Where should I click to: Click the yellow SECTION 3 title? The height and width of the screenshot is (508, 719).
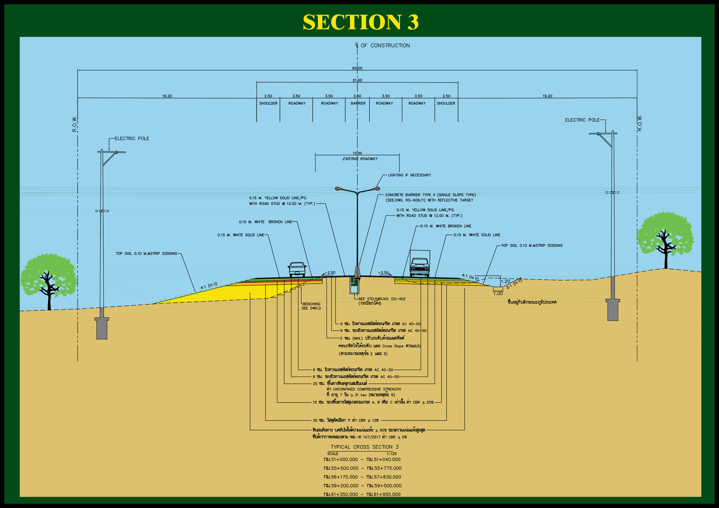(361, 22)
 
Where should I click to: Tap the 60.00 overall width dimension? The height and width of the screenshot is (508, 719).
(357, 68)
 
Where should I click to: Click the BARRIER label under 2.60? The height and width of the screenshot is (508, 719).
(358, 103)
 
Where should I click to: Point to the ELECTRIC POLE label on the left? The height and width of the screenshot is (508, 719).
(132, 138)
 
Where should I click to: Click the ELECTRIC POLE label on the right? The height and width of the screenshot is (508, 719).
(582, 120)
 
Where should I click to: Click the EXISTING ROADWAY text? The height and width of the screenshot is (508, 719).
(360, 159)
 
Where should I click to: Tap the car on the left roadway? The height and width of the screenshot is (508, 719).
(297, 269)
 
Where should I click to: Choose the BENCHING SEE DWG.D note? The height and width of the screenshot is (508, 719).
(311, 306)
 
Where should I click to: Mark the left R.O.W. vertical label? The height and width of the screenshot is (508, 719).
(75, 124)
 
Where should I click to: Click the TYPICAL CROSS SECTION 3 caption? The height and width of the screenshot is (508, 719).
(364, 447)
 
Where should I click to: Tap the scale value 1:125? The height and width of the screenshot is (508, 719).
(391, 454)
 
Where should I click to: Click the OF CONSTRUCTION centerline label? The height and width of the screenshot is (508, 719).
(385, 46)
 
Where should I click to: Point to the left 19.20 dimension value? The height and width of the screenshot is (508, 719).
(167, 96)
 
